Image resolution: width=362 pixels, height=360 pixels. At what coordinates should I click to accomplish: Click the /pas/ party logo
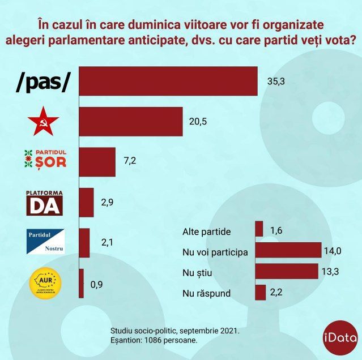[43, 82]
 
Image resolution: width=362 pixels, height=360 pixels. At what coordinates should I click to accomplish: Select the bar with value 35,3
[168, 81]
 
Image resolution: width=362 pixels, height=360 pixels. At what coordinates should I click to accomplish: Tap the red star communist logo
[43, 122]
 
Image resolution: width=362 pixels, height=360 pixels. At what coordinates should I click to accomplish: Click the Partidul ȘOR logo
[44, 159]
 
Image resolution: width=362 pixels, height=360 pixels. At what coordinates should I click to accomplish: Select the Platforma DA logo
[44, 202]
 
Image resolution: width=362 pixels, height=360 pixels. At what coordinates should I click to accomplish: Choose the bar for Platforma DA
[86, 203]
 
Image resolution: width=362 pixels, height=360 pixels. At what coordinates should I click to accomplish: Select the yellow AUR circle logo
[45, 282]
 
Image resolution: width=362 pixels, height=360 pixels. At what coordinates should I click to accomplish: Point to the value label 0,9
[97, 284]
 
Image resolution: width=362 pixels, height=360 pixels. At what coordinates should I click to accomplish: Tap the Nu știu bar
[286, 271]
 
